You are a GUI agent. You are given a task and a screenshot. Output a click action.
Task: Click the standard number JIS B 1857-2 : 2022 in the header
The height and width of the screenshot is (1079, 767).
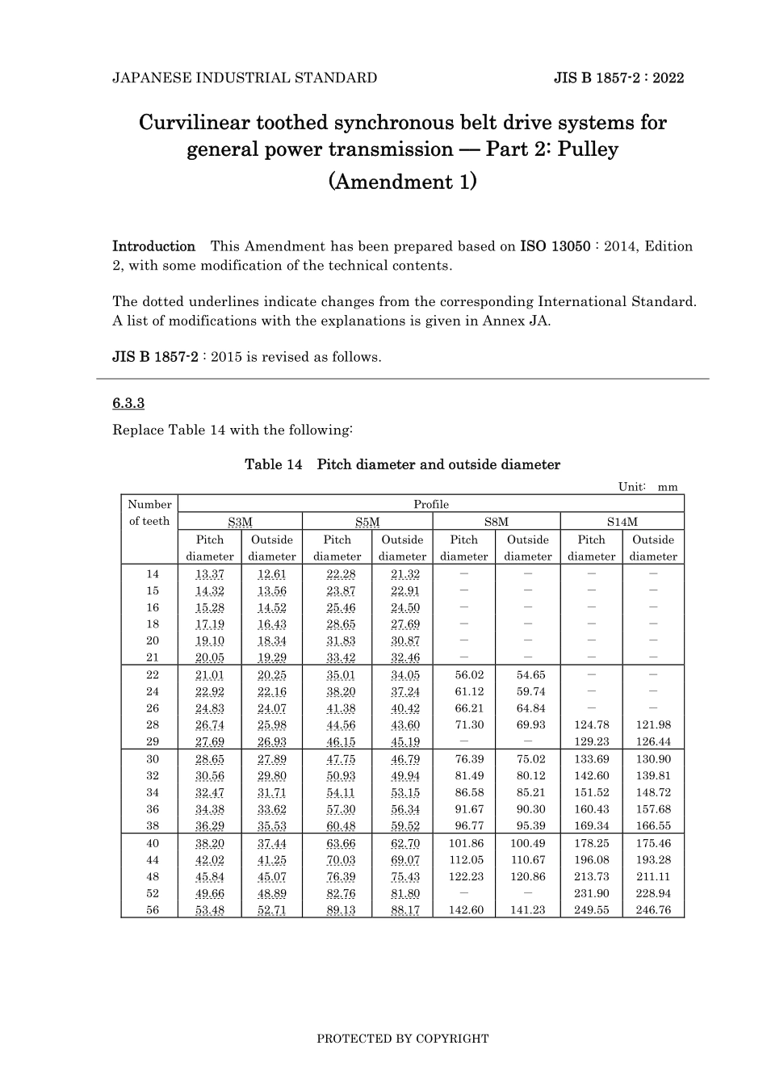coord(618,78)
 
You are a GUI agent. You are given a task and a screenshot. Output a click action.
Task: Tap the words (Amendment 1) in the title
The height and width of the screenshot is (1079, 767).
coord(402,182)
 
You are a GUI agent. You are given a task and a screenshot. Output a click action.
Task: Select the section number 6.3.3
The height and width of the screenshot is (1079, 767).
coord(128,403)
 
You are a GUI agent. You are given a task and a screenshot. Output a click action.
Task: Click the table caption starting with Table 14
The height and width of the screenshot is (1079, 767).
coord(402,465)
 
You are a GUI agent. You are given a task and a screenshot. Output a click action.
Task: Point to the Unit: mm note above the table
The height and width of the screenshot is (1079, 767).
coord(648,487)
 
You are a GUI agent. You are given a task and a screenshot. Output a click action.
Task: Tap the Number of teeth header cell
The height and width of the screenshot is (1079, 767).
coord(149,513)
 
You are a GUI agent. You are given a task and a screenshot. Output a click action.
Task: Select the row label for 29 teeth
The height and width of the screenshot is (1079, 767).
coord(153,742)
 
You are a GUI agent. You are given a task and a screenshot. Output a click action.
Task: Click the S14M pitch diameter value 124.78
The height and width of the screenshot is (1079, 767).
coord(592,725)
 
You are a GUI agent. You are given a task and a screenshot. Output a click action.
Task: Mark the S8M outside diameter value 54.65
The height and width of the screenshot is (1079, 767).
coord(528,675)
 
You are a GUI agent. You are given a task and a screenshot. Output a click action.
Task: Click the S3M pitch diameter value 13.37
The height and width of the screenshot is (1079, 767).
coord(210,574)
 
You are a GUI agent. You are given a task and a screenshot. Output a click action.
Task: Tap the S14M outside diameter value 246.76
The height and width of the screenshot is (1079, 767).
coord(653,910)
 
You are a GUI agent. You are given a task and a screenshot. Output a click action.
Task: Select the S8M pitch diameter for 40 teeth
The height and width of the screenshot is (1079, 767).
coord(465,843)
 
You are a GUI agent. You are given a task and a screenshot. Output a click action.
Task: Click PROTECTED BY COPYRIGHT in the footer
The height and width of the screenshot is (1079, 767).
coord(402,1039)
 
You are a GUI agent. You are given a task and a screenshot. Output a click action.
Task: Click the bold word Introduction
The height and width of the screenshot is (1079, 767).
coord(153,246)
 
